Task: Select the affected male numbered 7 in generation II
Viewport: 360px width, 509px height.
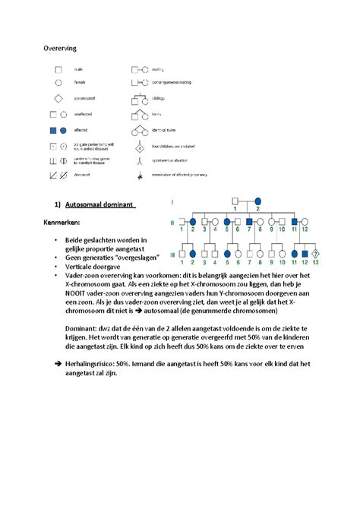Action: pyautogui.click(x=248, y=223)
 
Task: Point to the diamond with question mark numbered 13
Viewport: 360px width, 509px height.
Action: pyautogui.click(x=315, y=254)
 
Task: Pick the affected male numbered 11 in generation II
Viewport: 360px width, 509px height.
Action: pyautogui.click(x=293, y=223)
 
